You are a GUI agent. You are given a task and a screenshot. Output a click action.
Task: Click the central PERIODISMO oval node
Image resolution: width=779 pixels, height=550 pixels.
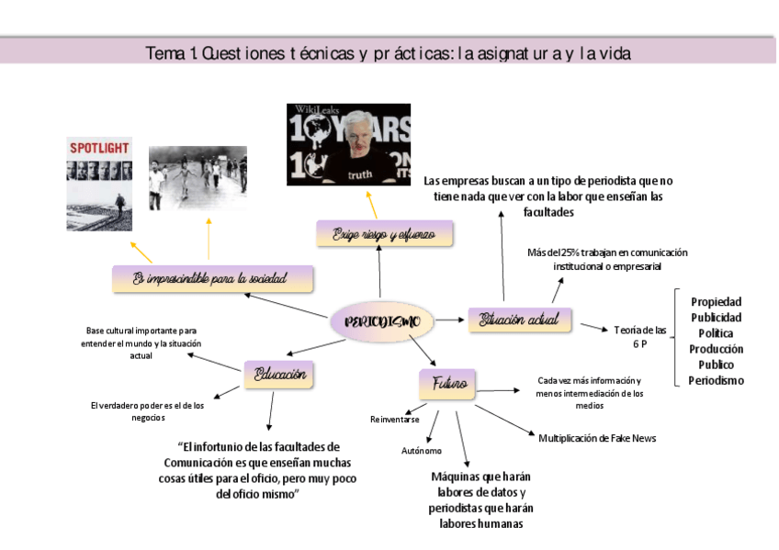pos(382,321)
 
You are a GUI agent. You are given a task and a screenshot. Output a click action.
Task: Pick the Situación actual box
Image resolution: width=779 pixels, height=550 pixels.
pos(519,320)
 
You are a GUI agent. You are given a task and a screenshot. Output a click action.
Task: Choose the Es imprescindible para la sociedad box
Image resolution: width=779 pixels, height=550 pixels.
pos(212,277)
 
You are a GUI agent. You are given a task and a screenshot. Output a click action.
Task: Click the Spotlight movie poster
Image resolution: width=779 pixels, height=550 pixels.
pos(98,184)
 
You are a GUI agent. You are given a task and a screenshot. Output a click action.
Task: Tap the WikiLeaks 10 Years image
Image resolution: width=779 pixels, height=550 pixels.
pos(348,144)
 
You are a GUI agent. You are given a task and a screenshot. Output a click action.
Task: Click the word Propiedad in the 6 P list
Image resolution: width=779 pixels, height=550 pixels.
pos(716,301)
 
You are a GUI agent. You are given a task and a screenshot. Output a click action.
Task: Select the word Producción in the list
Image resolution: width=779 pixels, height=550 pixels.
pos(716,349)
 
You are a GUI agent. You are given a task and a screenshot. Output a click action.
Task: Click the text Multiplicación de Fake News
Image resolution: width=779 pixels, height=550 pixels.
pos(597,438)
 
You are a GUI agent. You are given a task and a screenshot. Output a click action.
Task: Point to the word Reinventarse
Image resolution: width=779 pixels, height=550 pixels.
pos(395,419)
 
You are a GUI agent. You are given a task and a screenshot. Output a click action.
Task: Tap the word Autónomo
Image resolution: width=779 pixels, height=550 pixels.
pos(421,451)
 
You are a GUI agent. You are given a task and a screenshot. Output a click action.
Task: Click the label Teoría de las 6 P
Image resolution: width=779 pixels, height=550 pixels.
pos(639,336)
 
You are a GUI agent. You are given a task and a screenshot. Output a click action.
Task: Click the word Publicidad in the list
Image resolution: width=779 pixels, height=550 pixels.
pos(716,317)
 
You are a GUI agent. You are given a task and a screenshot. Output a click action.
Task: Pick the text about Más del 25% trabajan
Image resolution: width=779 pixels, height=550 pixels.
pos(606,259)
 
